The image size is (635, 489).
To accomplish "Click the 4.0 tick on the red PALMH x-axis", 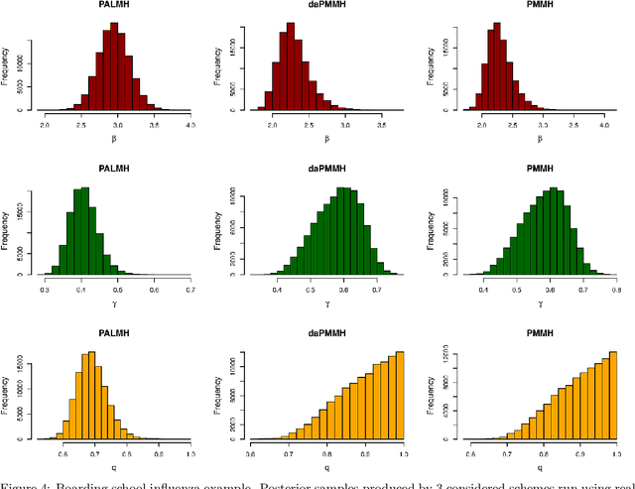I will point(190,127).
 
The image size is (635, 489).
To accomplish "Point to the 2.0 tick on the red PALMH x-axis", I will point(46,127).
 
